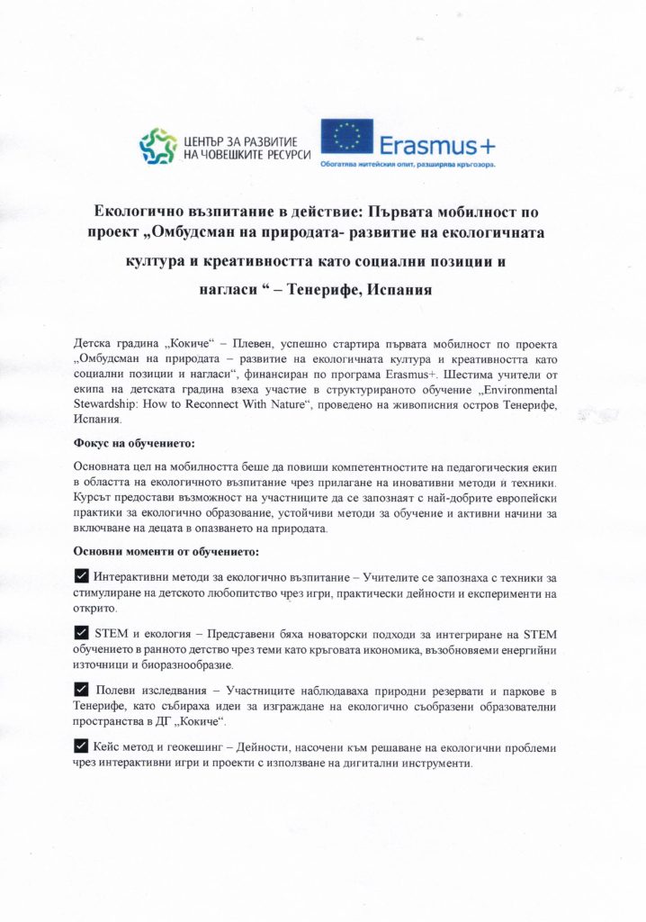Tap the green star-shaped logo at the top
(x=157, y=144)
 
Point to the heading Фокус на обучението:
(x=132, y=443)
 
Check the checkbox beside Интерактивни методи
(x=80, y=576)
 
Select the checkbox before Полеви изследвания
(x=80, y=690)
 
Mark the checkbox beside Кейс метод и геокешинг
(x=80, y=746)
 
